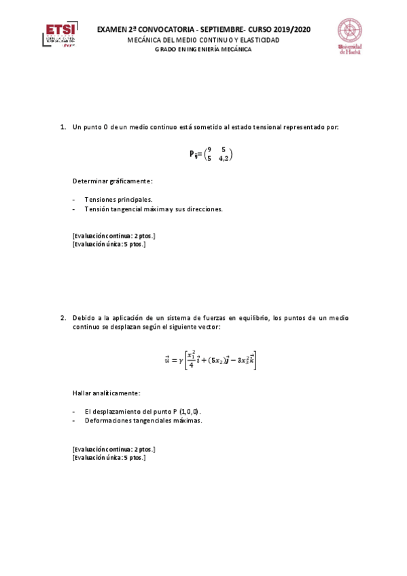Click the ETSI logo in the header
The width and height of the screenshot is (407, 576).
60,35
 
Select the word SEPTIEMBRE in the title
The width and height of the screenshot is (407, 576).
219,30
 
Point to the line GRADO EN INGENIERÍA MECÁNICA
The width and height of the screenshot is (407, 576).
202,49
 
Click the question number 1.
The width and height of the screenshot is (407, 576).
63,127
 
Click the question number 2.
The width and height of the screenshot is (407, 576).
63,317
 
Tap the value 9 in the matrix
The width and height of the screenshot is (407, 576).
210,149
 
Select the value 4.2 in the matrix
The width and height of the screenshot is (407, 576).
224,158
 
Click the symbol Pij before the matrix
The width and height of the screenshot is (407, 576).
194,154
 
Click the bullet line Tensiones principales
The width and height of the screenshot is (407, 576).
118,200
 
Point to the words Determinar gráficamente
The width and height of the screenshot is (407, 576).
112,181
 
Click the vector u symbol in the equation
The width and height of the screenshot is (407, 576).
167,360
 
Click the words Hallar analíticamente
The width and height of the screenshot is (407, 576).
107,393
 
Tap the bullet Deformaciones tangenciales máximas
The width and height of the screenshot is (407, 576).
143,420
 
